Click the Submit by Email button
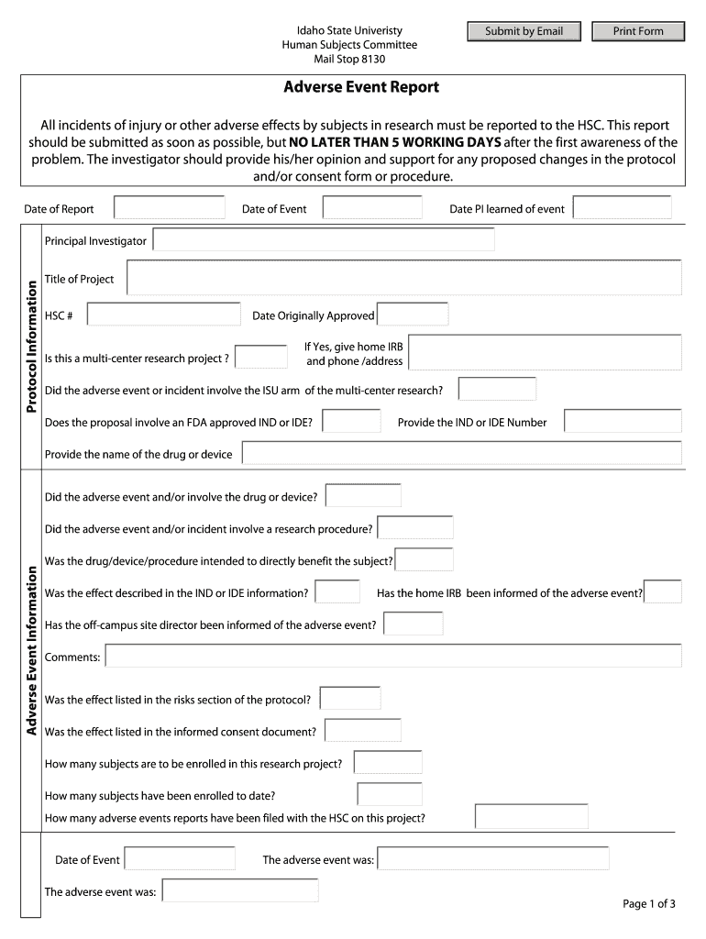point(524,31)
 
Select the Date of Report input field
point(169,208)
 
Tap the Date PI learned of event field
point(623,208)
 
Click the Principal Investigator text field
point(324,240)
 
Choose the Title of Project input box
point(403,278)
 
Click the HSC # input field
point(163,315)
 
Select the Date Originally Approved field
point(413,315)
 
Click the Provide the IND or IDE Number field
point(623,421)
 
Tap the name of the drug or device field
point(461,453)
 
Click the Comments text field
point(393,657)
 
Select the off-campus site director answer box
point(413,624)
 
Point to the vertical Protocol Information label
point(30,346)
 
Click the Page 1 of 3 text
point(648,904)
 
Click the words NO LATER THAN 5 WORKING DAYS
point(395,142)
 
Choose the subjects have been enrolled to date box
point(390,794)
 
